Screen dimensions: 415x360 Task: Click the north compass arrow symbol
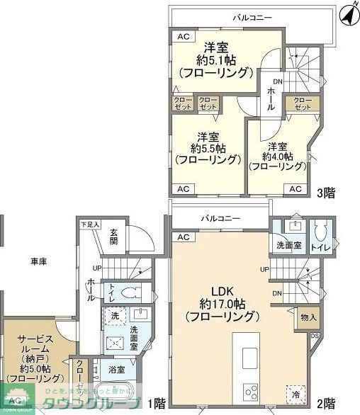347,12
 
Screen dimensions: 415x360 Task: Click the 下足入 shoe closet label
90,224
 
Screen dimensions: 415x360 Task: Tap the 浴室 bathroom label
117,370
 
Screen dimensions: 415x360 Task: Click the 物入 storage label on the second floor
308,318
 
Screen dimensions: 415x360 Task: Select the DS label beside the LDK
315,336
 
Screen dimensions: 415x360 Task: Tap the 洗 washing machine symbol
115,315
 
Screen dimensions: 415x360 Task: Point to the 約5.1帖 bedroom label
215,60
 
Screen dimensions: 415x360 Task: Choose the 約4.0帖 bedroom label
277,157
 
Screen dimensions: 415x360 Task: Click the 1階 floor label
157,404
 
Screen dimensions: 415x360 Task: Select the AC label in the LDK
184,237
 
